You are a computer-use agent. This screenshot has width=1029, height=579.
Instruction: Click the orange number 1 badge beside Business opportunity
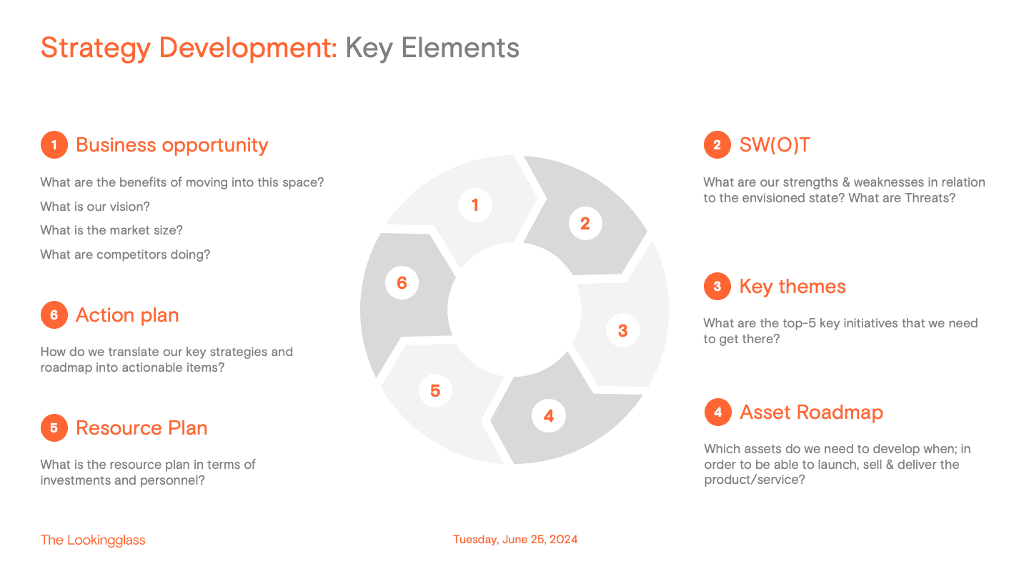(x=54, y=144)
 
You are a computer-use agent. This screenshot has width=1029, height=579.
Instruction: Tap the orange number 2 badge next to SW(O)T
(x=717, y=144)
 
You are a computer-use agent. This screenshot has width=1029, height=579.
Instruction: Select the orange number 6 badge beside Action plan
(x=54, y=315)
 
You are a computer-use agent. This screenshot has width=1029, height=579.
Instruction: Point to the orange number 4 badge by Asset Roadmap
(x=718, y=412)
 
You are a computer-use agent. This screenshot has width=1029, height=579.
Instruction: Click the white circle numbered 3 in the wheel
(x=623, y=330)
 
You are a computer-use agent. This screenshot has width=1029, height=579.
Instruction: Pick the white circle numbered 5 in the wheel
(x=435, y=390)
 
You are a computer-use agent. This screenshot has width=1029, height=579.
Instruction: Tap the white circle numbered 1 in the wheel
(x=475, y=205)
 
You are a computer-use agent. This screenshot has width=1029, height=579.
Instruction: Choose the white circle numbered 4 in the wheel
(x=549, y=415)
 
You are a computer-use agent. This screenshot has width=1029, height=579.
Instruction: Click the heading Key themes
(x=792, y=287)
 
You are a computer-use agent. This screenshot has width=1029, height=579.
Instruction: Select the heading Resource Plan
(x=141, y=427)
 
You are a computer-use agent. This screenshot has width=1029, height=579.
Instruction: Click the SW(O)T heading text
(x=775, y=145)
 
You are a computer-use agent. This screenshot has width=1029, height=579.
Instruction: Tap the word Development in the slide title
(x=248, y=49)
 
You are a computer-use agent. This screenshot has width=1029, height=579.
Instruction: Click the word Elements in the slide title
(x=460, y=48)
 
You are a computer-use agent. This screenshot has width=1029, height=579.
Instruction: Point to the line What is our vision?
(x=95, y=207)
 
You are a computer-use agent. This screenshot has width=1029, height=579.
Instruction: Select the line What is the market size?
(x=111, y=230)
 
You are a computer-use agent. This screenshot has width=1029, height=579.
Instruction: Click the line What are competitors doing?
(x=126, y=254)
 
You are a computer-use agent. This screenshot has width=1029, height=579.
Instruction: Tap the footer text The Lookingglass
(x=93, y=540)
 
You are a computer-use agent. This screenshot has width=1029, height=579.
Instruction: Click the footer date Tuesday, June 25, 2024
(x=515, y=540)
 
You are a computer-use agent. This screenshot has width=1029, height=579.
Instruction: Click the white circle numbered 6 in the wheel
(x=402, y=282)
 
